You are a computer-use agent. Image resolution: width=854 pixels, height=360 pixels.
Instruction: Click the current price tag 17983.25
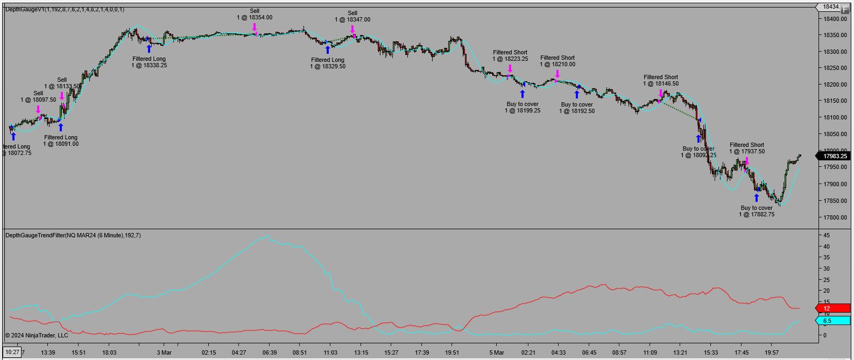pos(834,156)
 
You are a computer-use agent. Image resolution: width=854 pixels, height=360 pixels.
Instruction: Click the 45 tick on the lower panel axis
pos(827,235)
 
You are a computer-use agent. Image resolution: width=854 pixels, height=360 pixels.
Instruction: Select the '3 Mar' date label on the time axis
pos(164,353)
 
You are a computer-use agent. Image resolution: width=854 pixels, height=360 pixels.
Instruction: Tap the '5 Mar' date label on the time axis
pos(496,353)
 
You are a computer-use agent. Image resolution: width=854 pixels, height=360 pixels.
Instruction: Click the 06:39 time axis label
pos(269,353)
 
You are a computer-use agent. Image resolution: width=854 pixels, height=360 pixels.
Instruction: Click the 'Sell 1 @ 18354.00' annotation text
pos(255,15)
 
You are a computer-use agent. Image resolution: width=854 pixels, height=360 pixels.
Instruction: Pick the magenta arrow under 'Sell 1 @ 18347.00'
pos(352,30)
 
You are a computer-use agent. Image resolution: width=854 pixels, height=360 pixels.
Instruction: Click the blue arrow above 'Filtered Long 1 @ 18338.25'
pos(149,48)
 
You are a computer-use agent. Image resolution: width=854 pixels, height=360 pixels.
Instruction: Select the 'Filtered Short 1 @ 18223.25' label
pos(510,56)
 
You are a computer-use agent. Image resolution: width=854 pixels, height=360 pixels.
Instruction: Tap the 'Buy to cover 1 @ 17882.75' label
pos(757,211)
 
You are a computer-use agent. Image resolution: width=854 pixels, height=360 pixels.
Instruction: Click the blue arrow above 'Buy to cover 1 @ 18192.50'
pos(577,94)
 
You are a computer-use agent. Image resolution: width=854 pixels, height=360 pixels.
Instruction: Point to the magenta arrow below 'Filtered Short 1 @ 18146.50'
pos(661,94)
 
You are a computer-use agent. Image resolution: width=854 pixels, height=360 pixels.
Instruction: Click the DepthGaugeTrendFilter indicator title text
pos(73,235)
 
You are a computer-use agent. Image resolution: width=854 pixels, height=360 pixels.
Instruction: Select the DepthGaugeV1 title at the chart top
pos(65,9)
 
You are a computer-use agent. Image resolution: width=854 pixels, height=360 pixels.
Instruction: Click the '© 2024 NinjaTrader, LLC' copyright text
pos(37,335)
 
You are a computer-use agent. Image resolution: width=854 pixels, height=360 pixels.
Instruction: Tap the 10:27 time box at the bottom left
pos(12,352)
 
